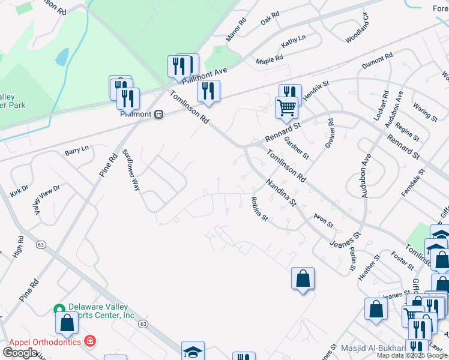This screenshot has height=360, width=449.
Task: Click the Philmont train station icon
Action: click(158, 114)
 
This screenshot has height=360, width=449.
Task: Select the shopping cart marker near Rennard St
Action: click(286, 108)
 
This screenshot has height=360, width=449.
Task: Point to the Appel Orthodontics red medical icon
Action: click(90, 341)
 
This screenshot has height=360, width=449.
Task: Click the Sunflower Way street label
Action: click(131, 170)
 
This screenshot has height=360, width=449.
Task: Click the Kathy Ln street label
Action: click(293, 41)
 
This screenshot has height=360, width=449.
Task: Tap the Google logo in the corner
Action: click(20, 353)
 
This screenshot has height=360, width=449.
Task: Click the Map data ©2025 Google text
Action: click(412, 355)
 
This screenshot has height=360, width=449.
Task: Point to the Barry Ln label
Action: click(77, 151)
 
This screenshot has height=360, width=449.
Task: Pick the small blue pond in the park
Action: click(61, 58)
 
